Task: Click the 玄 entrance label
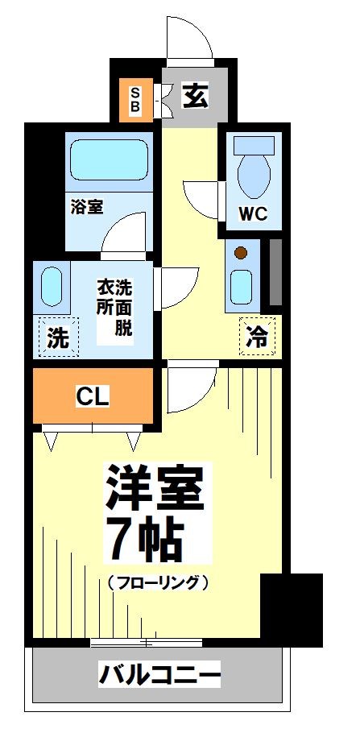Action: [x=195, y=96]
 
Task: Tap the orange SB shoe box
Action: [x=135, y=99]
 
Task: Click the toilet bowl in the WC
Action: [x=252, y=169]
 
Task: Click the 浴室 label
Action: [x=85, y=206]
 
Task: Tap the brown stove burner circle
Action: [x=240, y=254]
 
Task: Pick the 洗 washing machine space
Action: [x=57, y=338]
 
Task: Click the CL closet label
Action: [x=93, y=396]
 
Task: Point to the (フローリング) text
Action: [x=157, y=582]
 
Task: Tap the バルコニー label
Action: [x=159, y=673]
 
